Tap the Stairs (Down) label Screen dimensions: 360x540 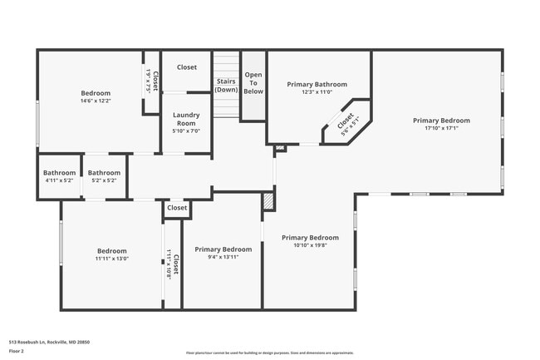pyautogui.click(x=226, y=85)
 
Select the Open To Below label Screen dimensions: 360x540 pyautogui.click(x=253, y=83)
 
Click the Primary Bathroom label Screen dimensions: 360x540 pyautogui.click(x=317, y=84)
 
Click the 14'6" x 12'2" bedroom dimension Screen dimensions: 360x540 pyautogui.click(x=96, y=101)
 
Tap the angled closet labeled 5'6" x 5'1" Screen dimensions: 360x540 pyautogui.click(x=345, y=123)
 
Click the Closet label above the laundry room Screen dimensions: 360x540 pyautogui.click(x=186, y=67)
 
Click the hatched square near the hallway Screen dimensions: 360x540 pyautogui.click(x=268, y=200)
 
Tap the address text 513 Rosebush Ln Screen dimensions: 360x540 pyautogui.click(x=49, y=342)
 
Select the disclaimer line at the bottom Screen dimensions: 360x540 pyautogui.click(x=269, y=353)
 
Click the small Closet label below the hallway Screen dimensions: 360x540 pyautogui.click(x=177, y=208)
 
